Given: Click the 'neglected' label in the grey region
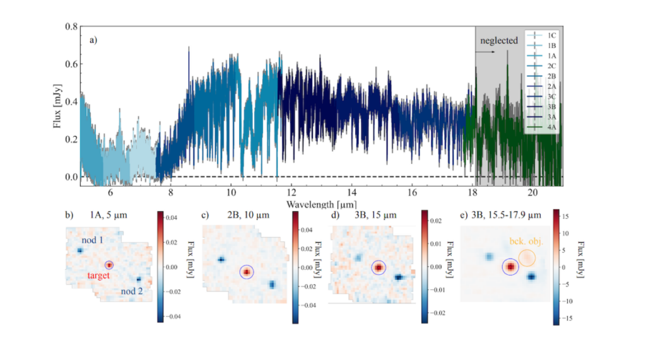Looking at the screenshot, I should (498, 41).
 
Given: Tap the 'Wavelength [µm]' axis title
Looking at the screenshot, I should (320, 204).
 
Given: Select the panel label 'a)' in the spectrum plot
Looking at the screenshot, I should (93, 40).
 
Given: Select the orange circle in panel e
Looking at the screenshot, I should (527, 257).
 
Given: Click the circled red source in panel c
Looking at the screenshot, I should (246, 272).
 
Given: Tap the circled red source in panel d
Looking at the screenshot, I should (379, 268).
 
